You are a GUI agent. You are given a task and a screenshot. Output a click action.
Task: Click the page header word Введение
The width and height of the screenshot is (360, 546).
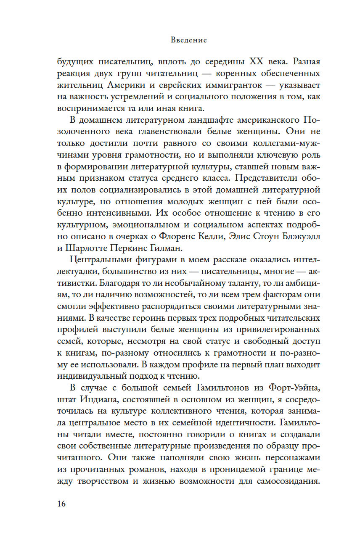[x=189, y=41]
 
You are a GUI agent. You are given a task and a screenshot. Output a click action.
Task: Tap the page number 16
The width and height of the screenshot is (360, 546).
[x=62, y=504]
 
